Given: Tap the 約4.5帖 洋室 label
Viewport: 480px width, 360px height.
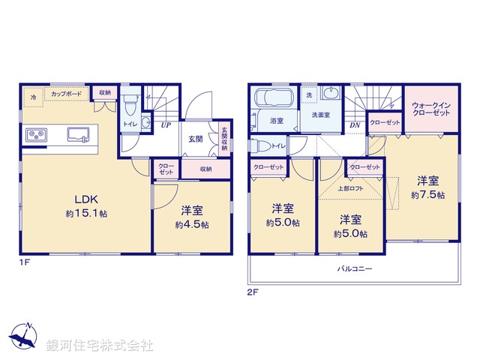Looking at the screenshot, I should point(192,217).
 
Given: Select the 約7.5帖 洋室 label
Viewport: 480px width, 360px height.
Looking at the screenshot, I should point(428,187).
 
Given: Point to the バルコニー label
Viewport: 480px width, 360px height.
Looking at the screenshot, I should point(355,267).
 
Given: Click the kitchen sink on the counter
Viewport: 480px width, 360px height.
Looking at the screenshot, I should point(78,135).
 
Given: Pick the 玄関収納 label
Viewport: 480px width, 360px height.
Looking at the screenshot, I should point(223,139).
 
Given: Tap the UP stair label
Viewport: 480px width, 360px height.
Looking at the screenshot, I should point(165,125).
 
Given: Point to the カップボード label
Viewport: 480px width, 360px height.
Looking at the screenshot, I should point(67,94).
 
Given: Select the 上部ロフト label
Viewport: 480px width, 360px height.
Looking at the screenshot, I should point(349,188).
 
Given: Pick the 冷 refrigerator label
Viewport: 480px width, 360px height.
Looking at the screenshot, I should point(33,97).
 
